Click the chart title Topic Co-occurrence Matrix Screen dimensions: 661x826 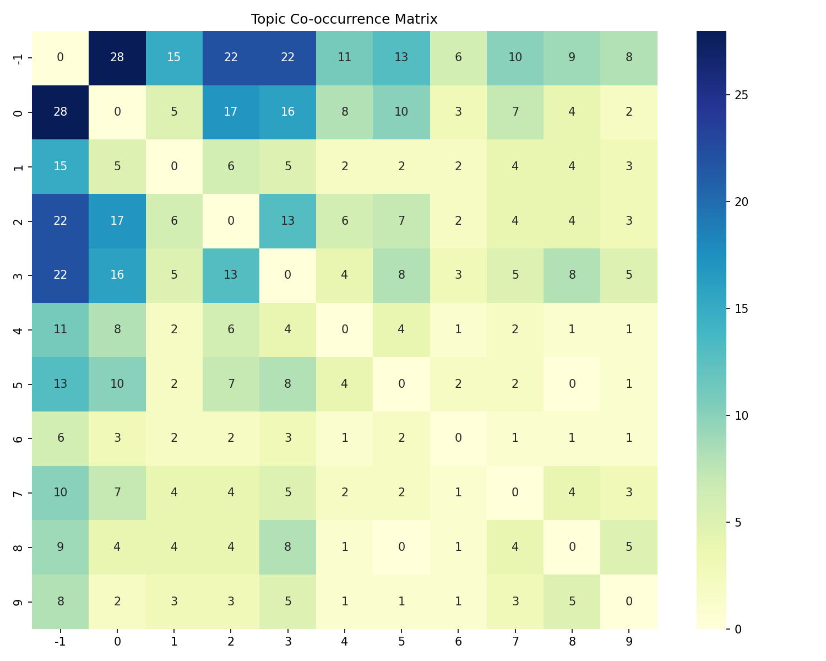tap(344, 19)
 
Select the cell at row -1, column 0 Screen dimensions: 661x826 tap(117, 58)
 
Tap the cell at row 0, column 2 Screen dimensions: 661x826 tap(231, 112)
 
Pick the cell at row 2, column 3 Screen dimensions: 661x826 tap(287, 221)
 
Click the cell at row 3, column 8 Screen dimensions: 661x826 tap(572, 275)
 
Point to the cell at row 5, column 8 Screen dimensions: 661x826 tap(572, 384)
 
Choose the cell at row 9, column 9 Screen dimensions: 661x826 tap(629, 602)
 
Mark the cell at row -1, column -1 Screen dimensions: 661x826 tap(61, 58)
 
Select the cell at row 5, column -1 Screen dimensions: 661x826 tap(61, 384)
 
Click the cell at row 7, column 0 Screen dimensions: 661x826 tap(117, 492)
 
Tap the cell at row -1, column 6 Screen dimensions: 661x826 tap(458, 58)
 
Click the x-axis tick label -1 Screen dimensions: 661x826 tap(61, 641)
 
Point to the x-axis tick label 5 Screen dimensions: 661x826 tap(401, 641)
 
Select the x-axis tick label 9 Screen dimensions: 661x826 tap(629, 641)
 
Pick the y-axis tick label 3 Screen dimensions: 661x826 tap(18, 275)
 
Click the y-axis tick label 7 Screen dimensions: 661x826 tap(18, 492)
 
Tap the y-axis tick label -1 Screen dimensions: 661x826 tap(18, 58)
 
